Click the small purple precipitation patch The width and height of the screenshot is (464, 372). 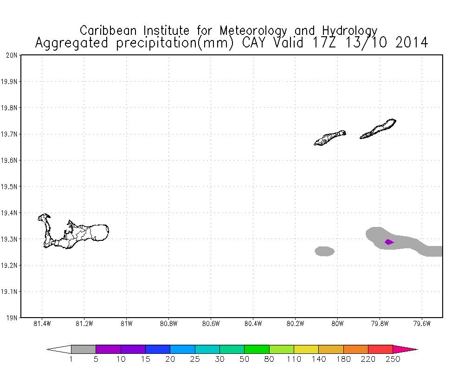[389, 242]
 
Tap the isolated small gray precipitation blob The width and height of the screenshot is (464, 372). [325, 251]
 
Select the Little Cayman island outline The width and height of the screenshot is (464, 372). [329, 138]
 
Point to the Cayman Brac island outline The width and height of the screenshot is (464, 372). [378, 129]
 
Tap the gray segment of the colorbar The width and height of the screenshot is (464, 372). [84, 349]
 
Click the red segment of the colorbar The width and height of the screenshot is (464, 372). [380, 349]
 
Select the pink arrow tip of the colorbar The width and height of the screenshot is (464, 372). [404, 349]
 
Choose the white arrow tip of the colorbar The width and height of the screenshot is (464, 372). [60, 349]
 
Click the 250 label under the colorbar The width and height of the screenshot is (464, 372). [393, 359]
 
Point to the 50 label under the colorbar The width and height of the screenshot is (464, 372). [245, 359]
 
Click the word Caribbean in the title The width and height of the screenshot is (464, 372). [110, 31]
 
